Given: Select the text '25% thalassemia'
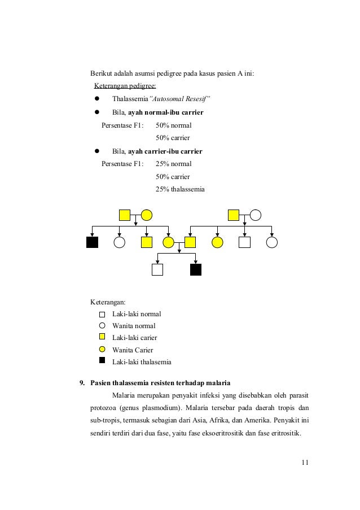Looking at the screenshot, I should [180, 189].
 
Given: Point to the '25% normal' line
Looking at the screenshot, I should [173, 164].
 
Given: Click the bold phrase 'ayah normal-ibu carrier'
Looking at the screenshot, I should [166, 112].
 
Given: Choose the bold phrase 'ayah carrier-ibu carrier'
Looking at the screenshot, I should [165, 151].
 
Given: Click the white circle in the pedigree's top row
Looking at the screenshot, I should [255, 215].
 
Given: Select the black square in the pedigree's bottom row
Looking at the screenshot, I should [195, 269].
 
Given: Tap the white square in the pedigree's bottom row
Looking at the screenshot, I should [157, 269].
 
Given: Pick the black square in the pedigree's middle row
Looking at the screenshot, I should [92, 242].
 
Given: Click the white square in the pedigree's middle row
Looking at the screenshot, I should [244, 242].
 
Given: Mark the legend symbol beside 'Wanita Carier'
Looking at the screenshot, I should [102, 349].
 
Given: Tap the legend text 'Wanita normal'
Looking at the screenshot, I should [134, 326].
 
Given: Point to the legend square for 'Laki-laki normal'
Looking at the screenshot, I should [102, 315].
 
